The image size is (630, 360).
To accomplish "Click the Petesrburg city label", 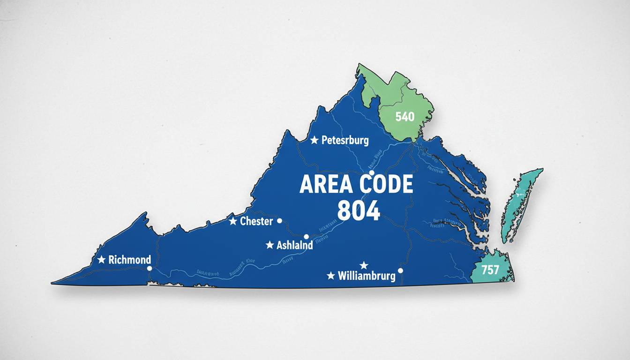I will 345,140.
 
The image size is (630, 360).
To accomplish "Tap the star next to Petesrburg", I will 314,140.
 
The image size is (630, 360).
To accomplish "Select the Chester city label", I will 256,221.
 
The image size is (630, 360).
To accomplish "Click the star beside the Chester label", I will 233,221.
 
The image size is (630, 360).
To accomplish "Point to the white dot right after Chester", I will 280,220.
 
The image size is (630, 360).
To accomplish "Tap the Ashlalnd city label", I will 295,245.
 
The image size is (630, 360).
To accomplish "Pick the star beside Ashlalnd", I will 270,245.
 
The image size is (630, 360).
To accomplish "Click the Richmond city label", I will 129,260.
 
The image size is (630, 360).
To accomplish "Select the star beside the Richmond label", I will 101,259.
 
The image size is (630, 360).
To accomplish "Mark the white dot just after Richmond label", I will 149,269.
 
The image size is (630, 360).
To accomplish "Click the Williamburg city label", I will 367,276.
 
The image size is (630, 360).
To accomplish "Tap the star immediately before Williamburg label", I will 331,275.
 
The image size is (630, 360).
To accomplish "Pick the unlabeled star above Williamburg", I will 363,265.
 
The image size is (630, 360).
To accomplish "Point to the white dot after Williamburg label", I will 400,270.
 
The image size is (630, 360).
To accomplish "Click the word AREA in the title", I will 326,185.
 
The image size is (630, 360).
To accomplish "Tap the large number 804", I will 359,211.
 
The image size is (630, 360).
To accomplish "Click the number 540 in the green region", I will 405,116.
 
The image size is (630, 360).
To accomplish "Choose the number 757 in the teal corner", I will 490,269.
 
